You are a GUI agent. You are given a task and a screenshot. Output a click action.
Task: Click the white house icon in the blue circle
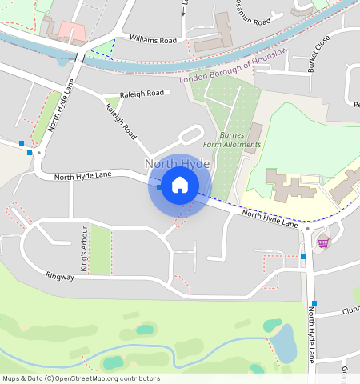point(180,186)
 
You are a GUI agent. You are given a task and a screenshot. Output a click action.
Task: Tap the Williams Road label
point(153,39)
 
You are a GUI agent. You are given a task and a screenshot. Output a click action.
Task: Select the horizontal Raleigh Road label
point(141,94)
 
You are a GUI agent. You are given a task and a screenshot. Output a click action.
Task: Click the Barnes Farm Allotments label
point(232,140)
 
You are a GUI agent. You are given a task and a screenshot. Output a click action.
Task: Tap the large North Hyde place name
point(177,164)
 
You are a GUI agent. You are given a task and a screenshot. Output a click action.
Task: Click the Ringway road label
point(60,277)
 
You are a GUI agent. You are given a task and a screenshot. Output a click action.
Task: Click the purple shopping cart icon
point(323,242)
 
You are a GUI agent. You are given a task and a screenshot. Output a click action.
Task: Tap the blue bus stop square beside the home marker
point(160,186)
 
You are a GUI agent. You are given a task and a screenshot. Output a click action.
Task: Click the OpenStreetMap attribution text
point(81,378)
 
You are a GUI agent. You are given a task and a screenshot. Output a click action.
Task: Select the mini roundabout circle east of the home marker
point(307,228)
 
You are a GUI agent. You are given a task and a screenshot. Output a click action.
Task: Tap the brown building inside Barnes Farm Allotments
point(254,138)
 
